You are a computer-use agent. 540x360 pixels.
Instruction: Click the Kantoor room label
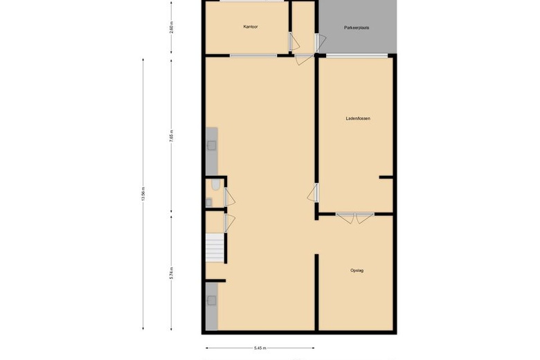click(x=250, y=27)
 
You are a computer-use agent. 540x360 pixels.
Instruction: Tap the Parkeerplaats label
click(x=357, y=28)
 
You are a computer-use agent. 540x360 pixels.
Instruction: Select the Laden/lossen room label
click(x=358, y=118)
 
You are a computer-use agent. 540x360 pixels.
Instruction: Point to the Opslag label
click(x=357, y=270)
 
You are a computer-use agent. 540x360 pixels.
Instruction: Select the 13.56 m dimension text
click(x=143, y=195)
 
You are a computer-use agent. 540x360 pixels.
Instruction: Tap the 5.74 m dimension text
click(x=172, y=273)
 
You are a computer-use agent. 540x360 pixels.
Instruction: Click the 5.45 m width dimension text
click(x=262, y=348)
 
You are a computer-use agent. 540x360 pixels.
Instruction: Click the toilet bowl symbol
click(x=216, y=184)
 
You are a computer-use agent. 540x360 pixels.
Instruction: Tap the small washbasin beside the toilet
click(x=208, y=202)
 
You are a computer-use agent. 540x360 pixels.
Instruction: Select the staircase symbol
click(x=215, y=248)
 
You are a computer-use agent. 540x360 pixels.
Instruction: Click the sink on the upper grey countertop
click(x=211, y=145)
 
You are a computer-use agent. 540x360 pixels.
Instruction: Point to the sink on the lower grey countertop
click(x=211, y=300)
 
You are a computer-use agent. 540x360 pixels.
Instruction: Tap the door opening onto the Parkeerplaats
click(x=318, y=43)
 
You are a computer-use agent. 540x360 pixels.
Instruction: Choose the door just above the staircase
click(x=228, y=222)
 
